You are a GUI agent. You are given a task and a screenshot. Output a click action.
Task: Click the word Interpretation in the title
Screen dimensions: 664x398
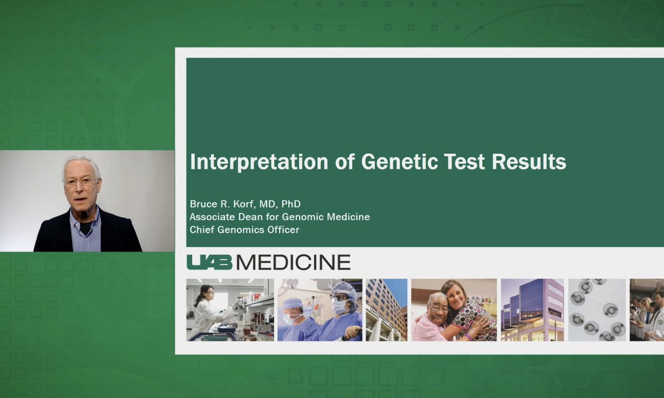tap(259, 162)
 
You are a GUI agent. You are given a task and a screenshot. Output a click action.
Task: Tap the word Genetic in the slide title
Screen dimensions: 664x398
tap(399, 162)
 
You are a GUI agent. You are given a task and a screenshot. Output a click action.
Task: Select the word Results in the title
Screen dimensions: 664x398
tap(529, 162)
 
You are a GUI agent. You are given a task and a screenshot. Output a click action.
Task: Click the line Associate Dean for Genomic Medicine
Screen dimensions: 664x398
tap(280, 216)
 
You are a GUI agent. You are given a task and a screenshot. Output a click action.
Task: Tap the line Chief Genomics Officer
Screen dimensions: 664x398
tap(244, 229)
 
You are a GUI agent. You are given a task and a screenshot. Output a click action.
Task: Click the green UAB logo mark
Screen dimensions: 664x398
tap(209, 262)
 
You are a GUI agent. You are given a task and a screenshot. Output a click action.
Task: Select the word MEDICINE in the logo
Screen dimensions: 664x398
tap(293, 262)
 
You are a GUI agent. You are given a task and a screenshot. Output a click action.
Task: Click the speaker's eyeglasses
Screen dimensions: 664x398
tap(80, 182)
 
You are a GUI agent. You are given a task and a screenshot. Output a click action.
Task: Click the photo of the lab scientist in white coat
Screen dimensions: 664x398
tap(230, 309)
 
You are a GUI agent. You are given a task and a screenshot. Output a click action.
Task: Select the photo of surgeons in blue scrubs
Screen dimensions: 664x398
tap(320, 309)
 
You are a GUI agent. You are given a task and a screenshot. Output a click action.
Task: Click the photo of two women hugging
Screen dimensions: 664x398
tap(454, 309)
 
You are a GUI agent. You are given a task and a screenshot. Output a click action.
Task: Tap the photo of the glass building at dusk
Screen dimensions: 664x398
tap(532, 309)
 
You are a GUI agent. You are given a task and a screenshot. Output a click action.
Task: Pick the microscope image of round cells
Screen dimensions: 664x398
tap(597, 309)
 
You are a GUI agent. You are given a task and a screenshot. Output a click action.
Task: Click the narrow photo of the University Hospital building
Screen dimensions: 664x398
tap(386, 309)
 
